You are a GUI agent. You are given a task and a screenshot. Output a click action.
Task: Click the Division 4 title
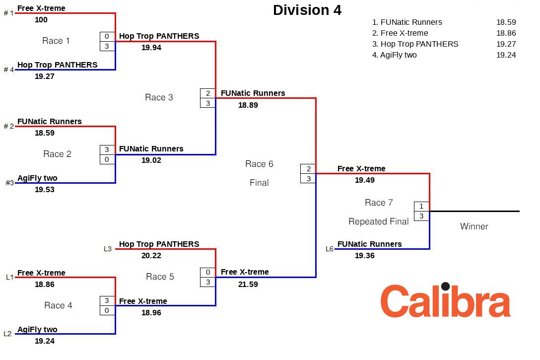tap(307, 10)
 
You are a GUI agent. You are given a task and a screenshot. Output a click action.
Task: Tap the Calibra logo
tap(445, 301)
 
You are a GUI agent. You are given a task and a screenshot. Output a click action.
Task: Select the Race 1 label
tap(56, 41)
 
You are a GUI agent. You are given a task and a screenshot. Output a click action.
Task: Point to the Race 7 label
tap(379, 203)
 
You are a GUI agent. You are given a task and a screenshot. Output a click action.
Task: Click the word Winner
tap(474, 226)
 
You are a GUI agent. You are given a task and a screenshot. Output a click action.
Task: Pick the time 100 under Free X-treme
tap(41, 20)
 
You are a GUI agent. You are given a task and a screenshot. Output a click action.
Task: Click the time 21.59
tap(248, 285)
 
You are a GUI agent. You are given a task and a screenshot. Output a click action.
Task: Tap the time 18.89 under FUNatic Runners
tap(248, 105)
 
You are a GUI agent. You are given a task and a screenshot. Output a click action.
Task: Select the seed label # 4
tap(9, 70)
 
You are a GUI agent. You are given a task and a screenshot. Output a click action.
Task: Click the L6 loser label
tap(330, 249)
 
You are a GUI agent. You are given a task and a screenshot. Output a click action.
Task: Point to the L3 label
tap(108, 249)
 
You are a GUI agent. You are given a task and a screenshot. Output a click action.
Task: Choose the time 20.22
tap(151, 256)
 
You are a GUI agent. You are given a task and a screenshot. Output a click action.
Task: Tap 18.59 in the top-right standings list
tap(506, 22)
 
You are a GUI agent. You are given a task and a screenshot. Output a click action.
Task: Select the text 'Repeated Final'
tap(379, 221)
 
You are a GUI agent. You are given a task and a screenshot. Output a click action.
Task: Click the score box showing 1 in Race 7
tap(421, 206)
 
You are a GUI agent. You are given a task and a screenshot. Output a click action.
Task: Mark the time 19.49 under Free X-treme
tap(365, 180)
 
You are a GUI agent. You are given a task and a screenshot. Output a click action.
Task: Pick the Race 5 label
tap(160, 277)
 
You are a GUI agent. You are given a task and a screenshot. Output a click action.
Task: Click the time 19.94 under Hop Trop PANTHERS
tap(151, 48)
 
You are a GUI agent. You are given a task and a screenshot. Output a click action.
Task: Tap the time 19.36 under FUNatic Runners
tap(365, 256)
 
